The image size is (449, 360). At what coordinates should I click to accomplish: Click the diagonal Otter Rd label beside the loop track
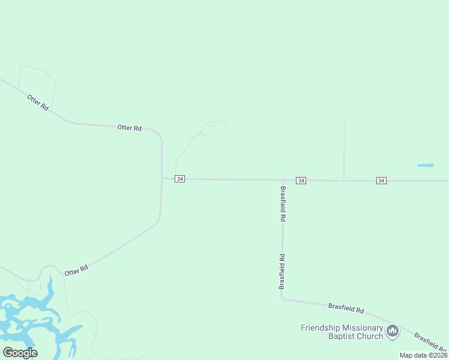(x=37, y=101)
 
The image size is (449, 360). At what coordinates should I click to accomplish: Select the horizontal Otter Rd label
(x=129, y=128)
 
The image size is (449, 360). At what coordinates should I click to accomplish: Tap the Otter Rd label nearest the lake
(x=76, y=270)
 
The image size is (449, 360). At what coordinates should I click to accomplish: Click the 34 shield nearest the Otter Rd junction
(x=180, y=179)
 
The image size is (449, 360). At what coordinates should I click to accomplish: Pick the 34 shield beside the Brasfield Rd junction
(x=301, y=181)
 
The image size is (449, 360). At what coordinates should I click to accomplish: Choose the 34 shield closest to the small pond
(x=381, y=181)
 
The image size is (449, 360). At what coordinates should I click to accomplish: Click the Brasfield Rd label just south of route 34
(x=283, y=204)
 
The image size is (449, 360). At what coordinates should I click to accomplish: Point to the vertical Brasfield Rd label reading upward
(x=281, y=272)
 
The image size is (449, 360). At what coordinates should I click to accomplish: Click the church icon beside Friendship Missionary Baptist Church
(x=393, y=331)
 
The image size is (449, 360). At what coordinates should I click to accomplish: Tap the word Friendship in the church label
(x=318, y=328)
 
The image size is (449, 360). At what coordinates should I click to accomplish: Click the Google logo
(x=20, y=353)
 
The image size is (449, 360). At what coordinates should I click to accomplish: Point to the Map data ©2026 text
(x=423, y=355)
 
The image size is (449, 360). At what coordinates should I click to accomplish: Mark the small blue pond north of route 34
(x=425, y=165)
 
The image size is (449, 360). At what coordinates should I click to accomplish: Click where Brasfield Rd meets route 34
(x=283, y=180)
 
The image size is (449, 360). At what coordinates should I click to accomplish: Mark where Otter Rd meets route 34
(x=162, y=178)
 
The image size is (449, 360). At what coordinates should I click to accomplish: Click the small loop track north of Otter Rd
(x=37, y=84)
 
